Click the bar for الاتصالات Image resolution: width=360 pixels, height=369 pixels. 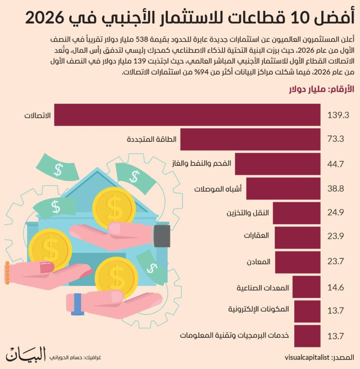click(x=187, y=115)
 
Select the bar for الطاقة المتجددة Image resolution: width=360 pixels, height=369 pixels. click(x=250, y=139)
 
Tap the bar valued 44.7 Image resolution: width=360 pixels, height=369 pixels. click(x=278, y=164)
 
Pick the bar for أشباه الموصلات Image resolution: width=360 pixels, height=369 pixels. click(x=283, y=188)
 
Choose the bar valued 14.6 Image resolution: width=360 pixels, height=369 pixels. click(x=306, y=287)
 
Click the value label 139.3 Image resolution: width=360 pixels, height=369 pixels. click(x=338, y=115)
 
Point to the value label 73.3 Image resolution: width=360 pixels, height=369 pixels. click(x=335, y=139)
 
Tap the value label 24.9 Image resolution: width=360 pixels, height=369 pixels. click(x=335, y=213)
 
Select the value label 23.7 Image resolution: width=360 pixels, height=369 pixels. click(x=335, y=262)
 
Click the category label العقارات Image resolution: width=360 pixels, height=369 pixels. click(x=256, y=235)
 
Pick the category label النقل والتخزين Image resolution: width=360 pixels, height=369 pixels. click(x=248, y=213)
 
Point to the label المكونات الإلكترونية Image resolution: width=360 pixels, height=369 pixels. click(x=259, y=310)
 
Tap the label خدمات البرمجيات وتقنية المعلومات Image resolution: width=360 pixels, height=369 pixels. click(x=235, y=335)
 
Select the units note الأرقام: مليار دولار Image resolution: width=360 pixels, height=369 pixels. click(x=322, y=90)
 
